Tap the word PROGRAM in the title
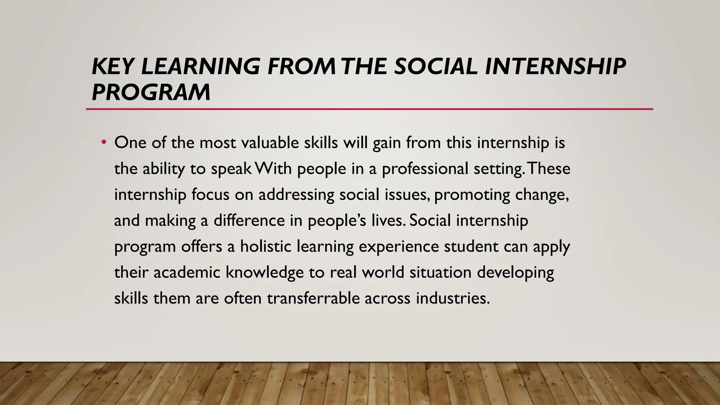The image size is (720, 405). pos(151,92)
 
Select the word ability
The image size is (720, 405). pos(163,169)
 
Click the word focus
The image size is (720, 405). pos(210,194)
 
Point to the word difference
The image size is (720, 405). pos(249,220)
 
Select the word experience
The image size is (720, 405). pos(399,247)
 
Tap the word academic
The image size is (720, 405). pos(187,272)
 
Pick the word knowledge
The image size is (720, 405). pos(264,272)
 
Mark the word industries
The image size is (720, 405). pos(452,298)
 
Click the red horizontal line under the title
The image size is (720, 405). pos(369,109)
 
